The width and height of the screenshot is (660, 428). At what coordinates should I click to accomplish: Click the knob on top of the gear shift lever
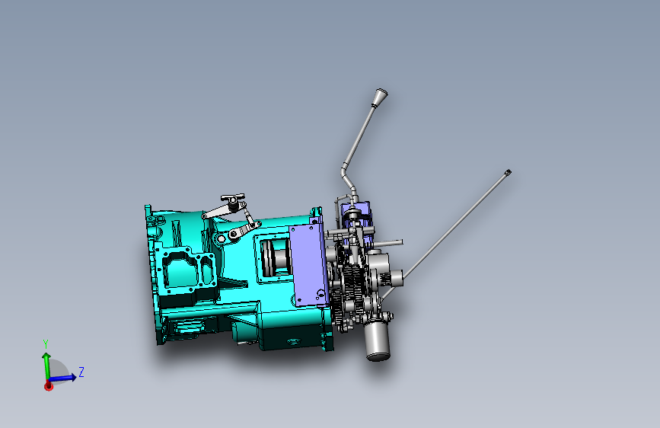[380, 97]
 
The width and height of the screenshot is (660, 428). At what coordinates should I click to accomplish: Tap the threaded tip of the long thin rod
[508, 172]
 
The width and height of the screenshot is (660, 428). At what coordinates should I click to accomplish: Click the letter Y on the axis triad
[46, 344]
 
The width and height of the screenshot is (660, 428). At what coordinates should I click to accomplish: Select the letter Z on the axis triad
[81, 372]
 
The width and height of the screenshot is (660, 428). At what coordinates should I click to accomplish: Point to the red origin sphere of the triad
[49, 385]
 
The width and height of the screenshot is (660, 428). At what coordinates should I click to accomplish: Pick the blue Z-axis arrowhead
[72, 377]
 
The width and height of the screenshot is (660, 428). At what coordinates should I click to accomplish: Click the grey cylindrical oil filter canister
[377, 340]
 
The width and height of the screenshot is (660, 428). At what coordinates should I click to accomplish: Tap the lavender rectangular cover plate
[308, 265]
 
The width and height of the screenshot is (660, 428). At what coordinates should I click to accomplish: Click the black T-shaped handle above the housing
[232, 199]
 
